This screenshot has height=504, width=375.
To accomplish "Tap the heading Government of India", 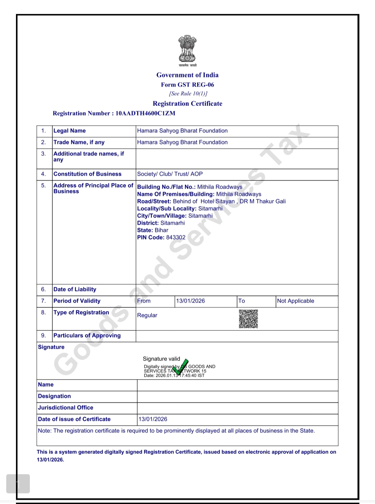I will (187, 75).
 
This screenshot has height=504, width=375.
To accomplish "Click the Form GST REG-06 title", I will (187, 85).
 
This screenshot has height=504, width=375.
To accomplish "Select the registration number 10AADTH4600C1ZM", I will (145, 113).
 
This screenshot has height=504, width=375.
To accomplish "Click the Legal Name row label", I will (69, 131).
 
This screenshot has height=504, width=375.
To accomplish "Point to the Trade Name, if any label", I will (79, 142).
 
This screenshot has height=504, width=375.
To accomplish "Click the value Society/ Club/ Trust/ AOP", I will (170, 174).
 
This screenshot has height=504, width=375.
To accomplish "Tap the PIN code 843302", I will (176, 237).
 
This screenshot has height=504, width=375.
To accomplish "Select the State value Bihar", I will (161, 230).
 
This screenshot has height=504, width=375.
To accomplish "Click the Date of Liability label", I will (75, 289).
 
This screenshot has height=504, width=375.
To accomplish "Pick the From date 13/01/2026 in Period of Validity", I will (190, 301).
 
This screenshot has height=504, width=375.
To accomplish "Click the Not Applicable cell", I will (295, 301).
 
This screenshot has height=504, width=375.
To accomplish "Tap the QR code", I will (248, 319).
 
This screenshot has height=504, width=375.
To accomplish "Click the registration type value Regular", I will (147, 315).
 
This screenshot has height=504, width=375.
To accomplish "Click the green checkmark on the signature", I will (181, 367).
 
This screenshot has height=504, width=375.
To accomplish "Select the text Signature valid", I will (161, 359).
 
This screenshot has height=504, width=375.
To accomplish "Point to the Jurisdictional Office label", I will (66, 408).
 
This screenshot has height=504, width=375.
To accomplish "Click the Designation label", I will (55, 396).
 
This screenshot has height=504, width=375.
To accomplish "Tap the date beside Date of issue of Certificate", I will (153, 419).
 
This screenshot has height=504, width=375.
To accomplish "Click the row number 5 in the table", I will (43, 186).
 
